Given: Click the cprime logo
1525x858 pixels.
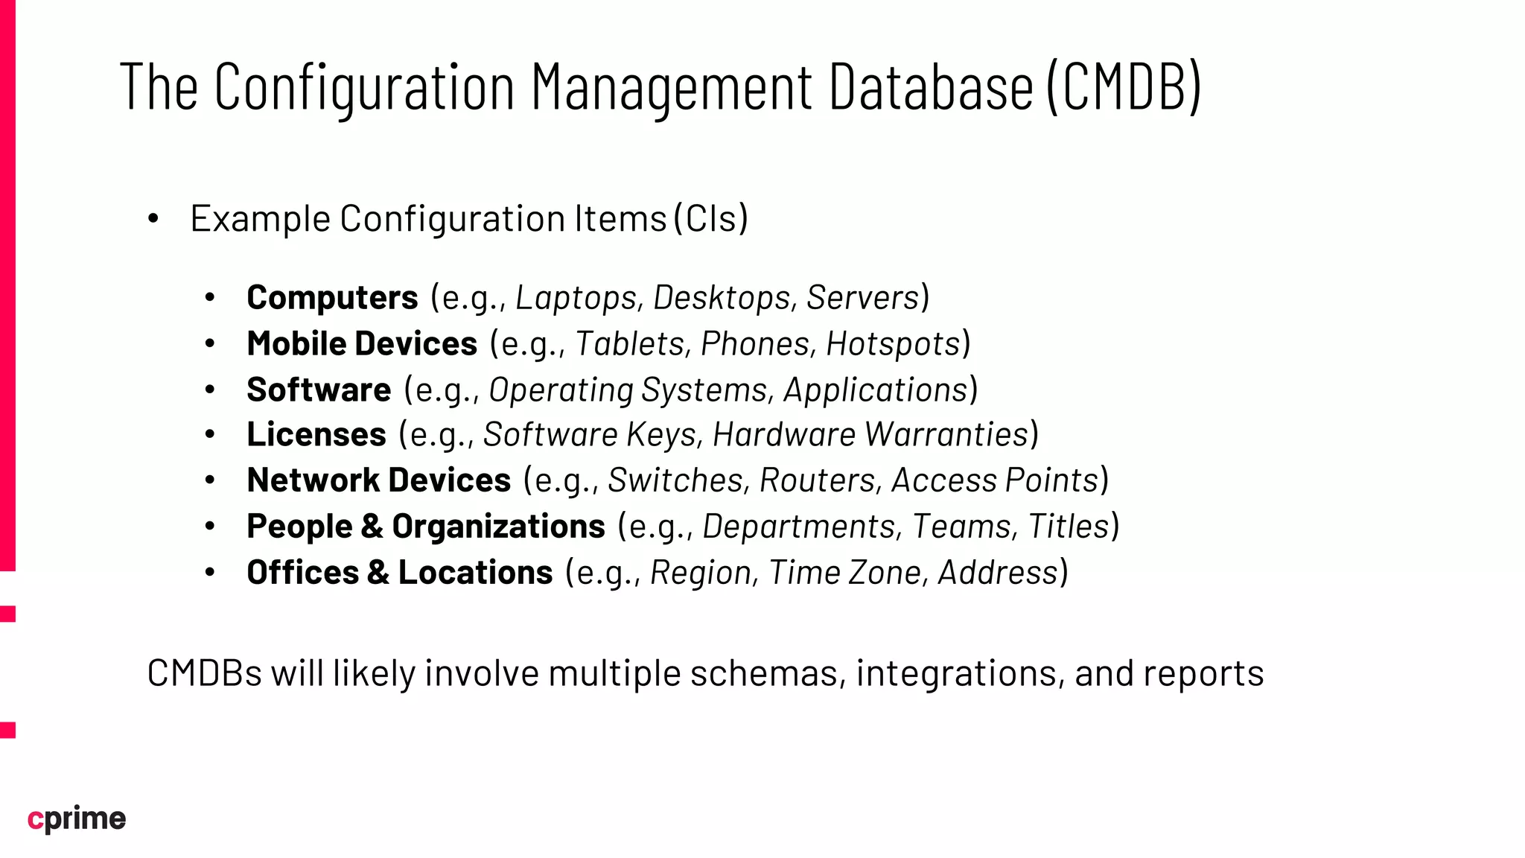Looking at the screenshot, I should pos(77,819).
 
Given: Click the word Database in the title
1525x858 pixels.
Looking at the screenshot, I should pos(931,87).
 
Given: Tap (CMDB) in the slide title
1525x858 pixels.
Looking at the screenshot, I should pos(1124,87).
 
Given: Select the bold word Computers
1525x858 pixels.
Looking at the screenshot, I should pos(332,298).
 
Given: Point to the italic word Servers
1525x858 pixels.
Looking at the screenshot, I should pos(863,298).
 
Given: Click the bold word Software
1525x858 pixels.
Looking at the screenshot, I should pos(319,390).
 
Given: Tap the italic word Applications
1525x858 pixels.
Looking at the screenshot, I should pos(876,390).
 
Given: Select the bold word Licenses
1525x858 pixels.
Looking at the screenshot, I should pos(316,435).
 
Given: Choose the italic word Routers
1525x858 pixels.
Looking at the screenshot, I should pos(817,481).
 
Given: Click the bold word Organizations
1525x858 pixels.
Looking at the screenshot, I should pos(498,527).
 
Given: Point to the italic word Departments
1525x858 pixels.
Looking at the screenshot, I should pos(799,527).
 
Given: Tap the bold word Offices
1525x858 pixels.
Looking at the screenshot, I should pos(303,573).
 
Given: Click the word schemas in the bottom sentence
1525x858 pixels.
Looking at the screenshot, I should pos(768,673).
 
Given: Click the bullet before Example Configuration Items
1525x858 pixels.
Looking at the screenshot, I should pos(153,219).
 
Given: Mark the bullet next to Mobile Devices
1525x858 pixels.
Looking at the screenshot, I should pos(210,344).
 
